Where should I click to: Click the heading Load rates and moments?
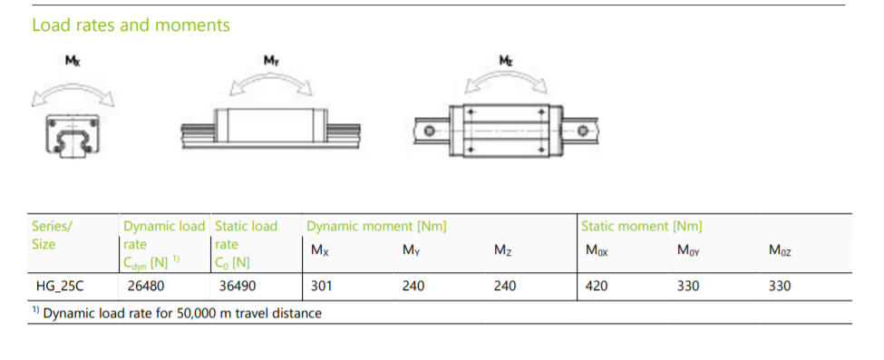(131, 25)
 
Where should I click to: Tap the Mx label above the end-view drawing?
(73, 61)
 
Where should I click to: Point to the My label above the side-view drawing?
(271, 60)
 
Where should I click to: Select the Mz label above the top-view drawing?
(506, 60)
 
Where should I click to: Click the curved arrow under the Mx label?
(73, 87)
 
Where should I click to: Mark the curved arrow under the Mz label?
(506, 77)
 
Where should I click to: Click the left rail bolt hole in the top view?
(430, 131)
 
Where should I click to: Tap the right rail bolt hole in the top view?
(583, 131)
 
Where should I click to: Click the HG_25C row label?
(59, 286)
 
